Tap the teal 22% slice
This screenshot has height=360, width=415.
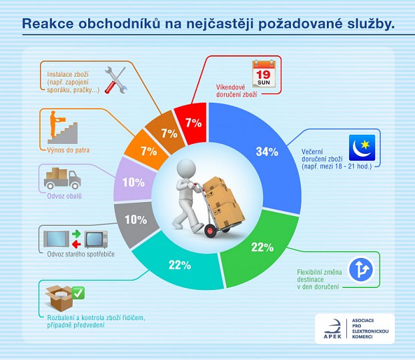point(180,265)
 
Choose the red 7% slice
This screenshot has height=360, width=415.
point(193,123)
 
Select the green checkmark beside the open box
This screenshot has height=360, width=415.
point(77,293)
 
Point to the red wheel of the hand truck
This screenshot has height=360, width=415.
point(212,231)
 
